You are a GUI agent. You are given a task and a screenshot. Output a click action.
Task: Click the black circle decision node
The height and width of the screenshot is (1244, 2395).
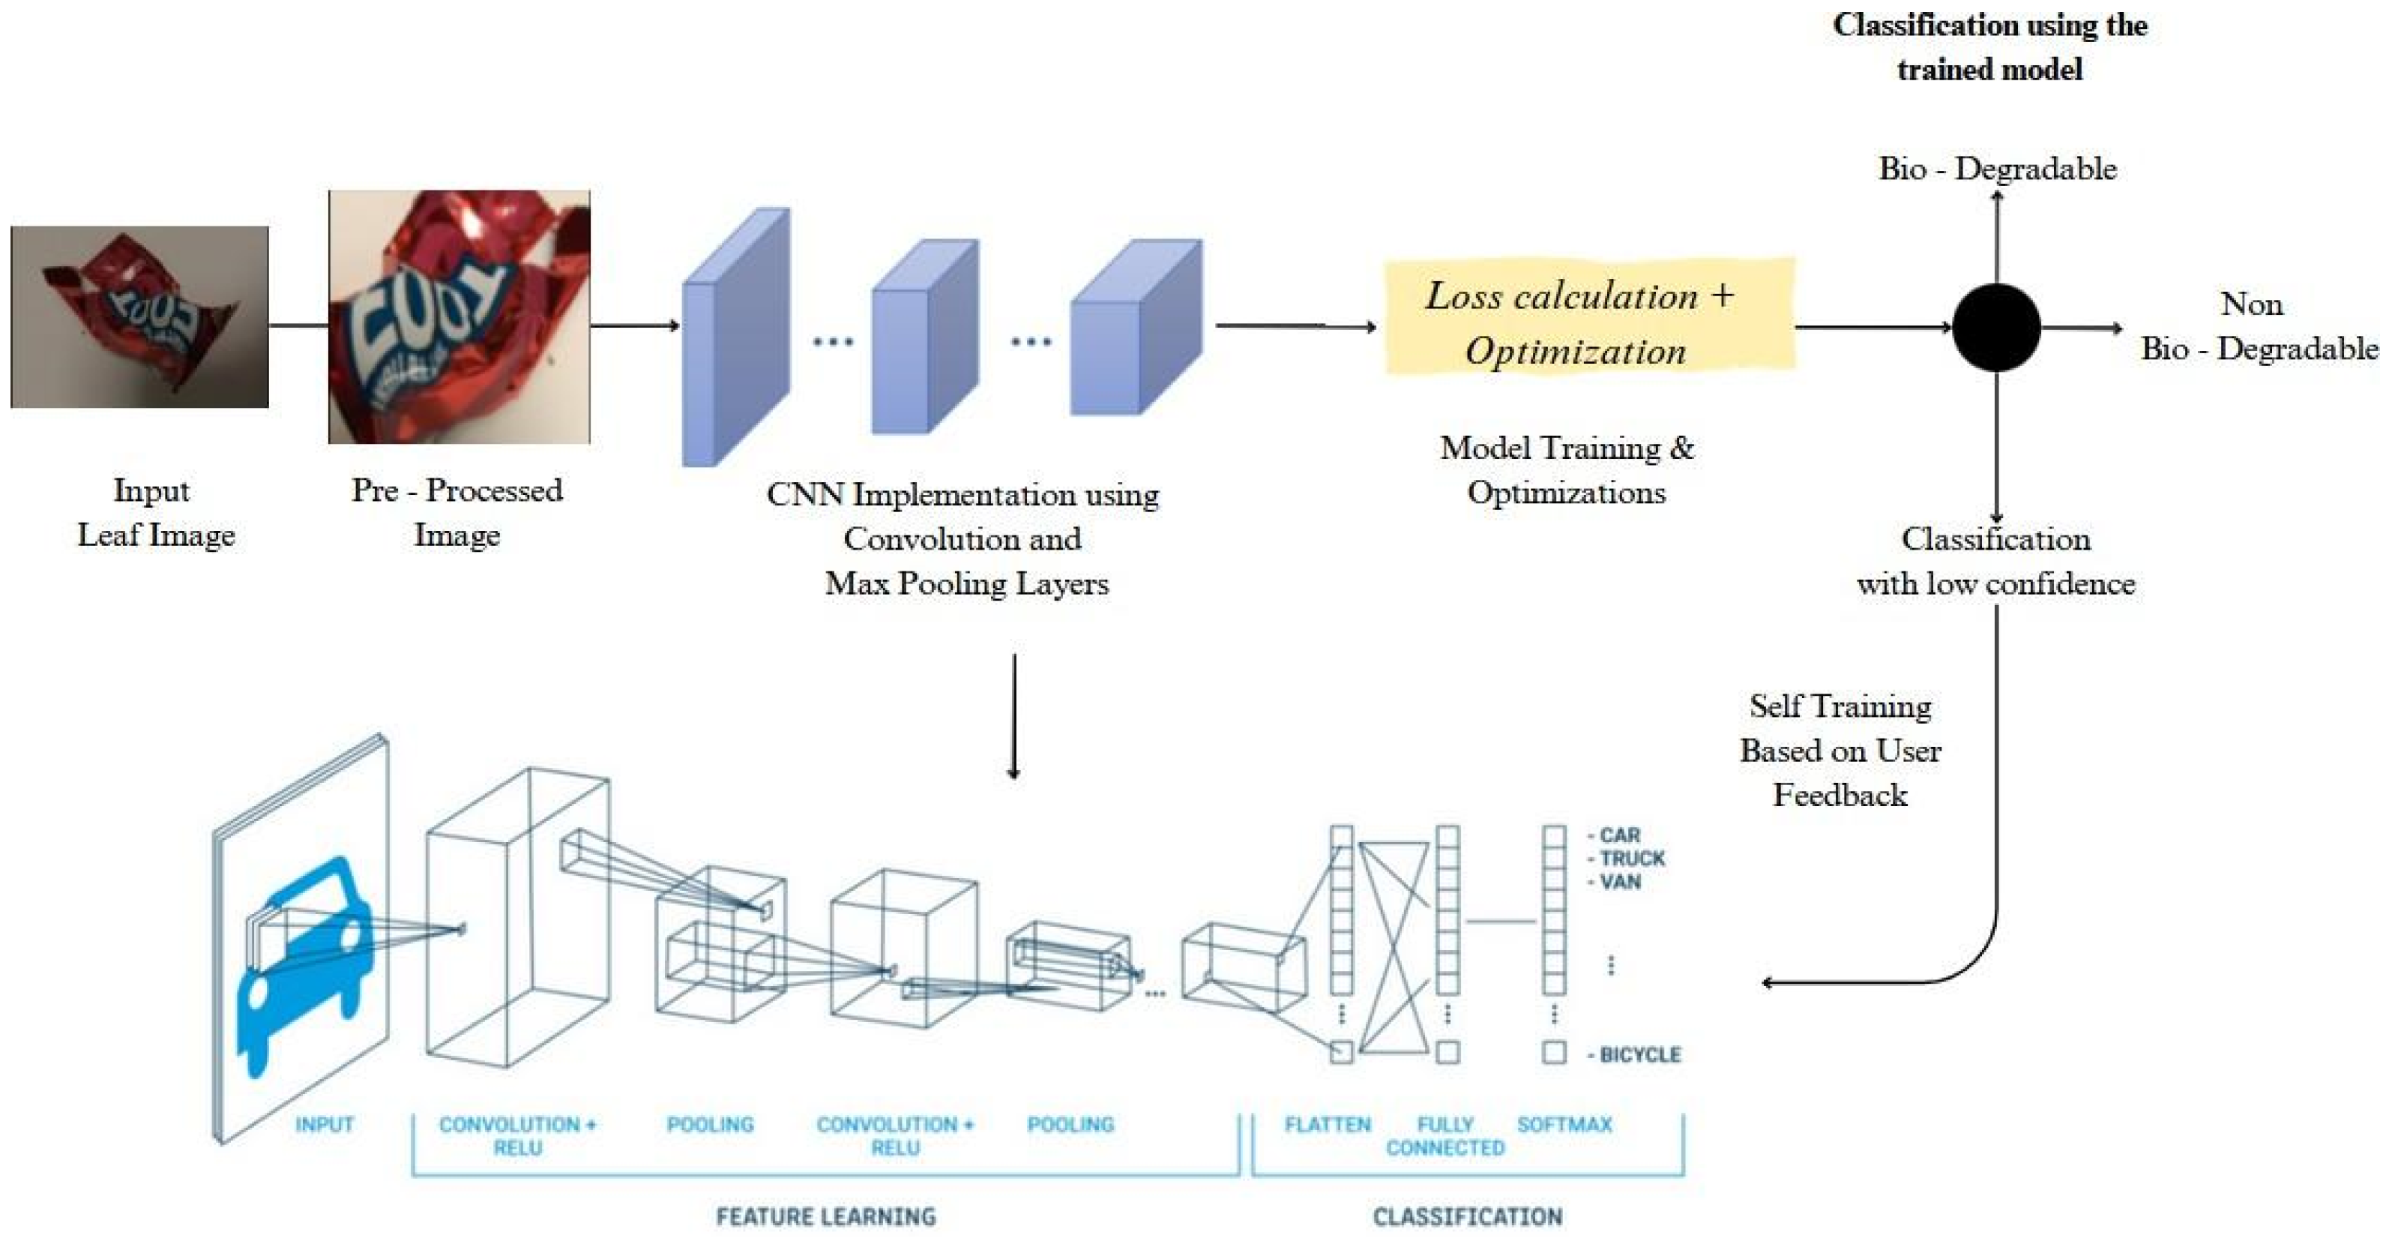click(x=1996, y=327)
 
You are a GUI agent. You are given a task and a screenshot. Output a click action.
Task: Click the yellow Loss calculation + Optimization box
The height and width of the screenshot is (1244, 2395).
click(x=1589, y=318)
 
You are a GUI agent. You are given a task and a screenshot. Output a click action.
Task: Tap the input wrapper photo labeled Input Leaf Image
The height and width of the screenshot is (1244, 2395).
click(x=139, y=316)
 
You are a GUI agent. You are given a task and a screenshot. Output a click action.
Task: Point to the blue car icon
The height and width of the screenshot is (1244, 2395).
click(x=302, y=967)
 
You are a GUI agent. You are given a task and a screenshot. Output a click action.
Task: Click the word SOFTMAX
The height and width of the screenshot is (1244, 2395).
click(x=1564, y=1124)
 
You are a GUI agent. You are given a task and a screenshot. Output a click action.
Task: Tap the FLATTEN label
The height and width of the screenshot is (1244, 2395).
click(x=1327, y=1124)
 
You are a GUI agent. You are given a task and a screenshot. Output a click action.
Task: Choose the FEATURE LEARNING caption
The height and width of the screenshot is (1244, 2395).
click(x=825, y=1216)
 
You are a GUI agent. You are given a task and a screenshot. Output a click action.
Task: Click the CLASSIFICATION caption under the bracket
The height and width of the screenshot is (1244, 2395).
click(x=1467, y=1216)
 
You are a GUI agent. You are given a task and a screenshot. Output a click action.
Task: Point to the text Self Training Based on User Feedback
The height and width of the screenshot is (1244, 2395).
click(x=1840, y=751)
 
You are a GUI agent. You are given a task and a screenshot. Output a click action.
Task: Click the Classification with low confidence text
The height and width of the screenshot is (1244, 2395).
click(x=1995, y=562)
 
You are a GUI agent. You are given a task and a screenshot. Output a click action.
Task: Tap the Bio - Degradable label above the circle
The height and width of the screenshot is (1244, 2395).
click(x=1997, y=168)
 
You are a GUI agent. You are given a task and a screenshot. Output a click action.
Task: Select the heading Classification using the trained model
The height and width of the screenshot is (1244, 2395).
click(x=1989, y=46)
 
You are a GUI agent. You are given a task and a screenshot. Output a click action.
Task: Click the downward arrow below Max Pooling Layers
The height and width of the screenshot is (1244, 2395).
click(x=1013, y=716)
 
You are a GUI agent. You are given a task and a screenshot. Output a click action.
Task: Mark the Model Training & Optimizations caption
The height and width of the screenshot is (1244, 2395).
click(x=1567, y=469)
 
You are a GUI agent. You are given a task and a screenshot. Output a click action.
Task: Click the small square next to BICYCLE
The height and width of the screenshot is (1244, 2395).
click(x=1554, y=1053)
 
